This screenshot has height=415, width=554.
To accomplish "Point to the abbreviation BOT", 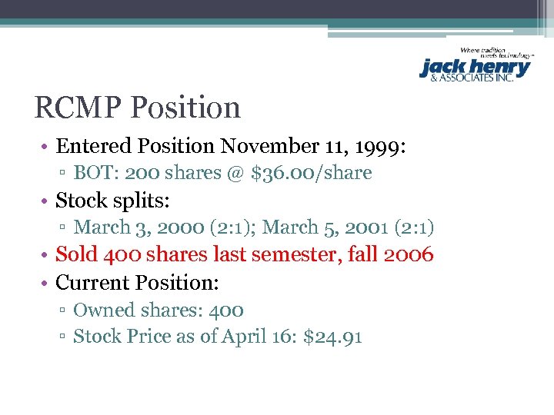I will [x=92, y=173].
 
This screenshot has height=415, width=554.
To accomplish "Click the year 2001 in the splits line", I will [x=362, y=227].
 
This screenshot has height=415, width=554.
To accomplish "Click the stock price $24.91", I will [x=333, y=337].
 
